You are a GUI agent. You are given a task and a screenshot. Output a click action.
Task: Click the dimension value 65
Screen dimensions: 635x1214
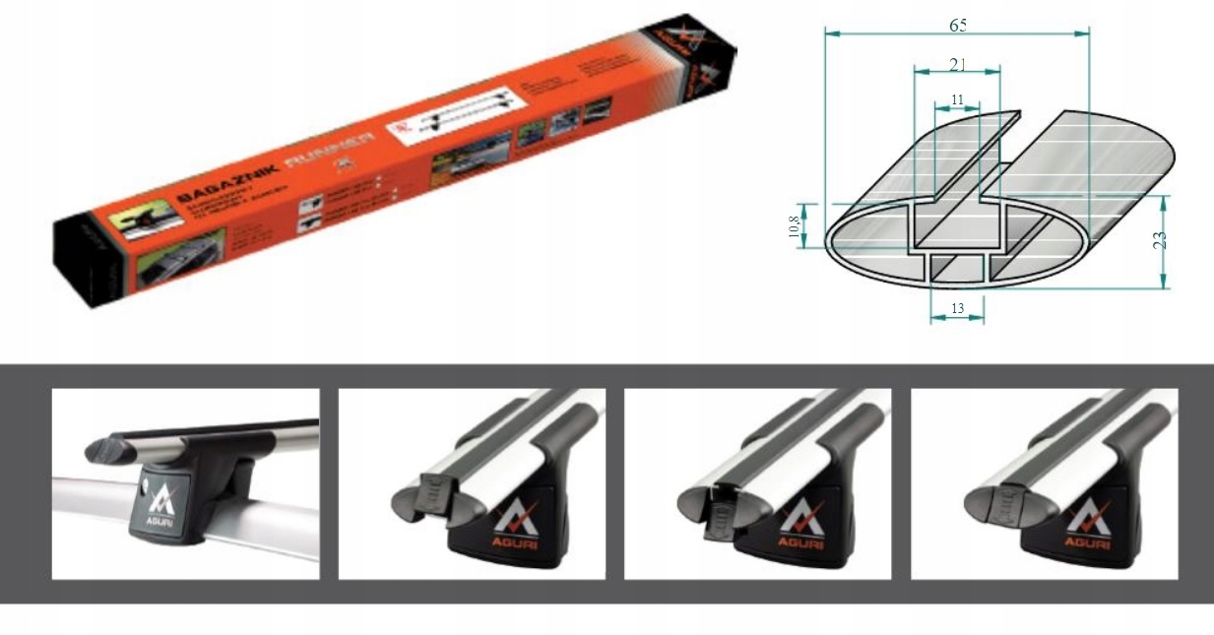pos(957,26)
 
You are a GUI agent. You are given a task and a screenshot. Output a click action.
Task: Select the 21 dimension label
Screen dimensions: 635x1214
pos(957,64)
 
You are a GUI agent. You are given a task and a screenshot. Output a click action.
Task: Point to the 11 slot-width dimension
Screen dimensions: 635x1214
pos(957,99)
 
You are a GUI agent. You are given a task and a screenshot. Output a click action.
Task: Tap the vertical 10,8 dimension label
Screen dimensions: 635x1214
pos(795,226)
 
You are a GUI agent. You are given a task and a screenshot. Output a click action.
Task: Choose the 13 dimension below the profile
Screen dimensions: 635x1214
pos(957,309)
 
